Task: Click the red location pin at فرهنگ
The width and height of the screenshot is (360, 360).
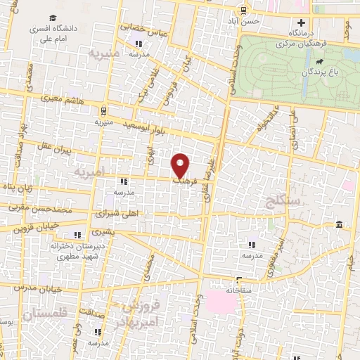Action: click(x=181, y=165)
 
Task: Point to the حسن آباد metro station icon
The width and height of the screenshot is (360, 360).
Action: click(x=245, y=10)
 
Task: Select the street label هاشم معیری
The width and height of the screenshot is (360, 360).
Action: click(x=65, y=102)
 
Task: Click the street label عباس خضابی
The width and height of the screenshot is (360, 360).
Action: click(x=143, y=28)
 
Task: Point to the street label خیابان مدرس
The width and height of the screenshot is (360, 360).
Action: click(x=44, y=288)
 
